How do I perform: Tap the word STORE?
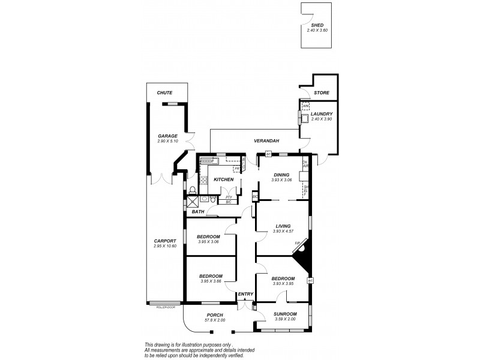click(x=322, y=93)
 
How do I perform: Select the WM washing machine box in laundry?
click(x=305, y=107)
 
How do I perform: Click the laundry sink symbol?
click(x=306, y=119)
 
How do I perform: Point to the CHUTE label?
click(x=164, y=93)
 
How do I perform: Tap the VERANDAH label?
click(x=266, y=140)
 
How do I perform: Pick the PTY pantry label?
click(x=229, y=196)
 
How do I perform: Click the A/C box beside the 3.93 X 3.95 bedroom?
click(x=310, y=281)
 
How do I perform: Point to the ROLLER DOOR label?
click(x=165, y=307)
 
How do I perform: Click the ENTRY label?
click(x=245, y=294)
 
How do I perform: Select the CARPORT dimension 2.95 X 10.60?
click(x=164, y=246)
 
